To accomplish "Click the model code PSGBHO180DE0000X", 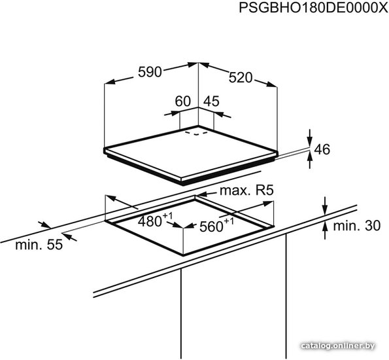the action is point(313,7).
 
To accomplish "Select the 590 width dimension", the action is point(150,72).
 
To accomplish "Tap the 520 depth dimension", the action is point(240,77).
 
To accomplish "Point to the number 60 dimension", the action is point(182,101).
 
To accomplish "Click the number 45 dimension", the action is point(211,101).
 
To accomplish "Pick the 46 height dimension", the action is point(322,149).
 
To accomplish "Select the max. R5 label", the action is point(246,190).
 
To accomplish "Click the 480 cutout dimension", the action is point(150,221).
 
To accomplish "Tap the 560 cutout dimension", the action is point(211,226).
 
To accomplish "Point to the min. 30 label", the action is point(356,226).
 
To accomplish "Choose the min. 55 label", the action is point(39,244).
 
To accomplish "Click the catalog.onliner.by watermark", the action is point(339,346).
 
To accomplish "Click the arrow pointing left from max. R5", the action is point(207,194).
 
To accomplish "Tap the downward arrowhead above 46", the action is point(310,141).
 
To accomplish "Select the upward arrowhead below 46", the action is point(310,156).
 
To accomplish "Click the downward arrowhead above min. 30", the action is point(325,209).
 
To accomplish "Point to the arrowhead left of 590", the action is point(110,82).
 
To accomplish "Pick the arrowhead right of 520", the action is point(272,84).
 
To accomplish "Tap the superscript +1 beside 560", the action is point(228,221).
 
